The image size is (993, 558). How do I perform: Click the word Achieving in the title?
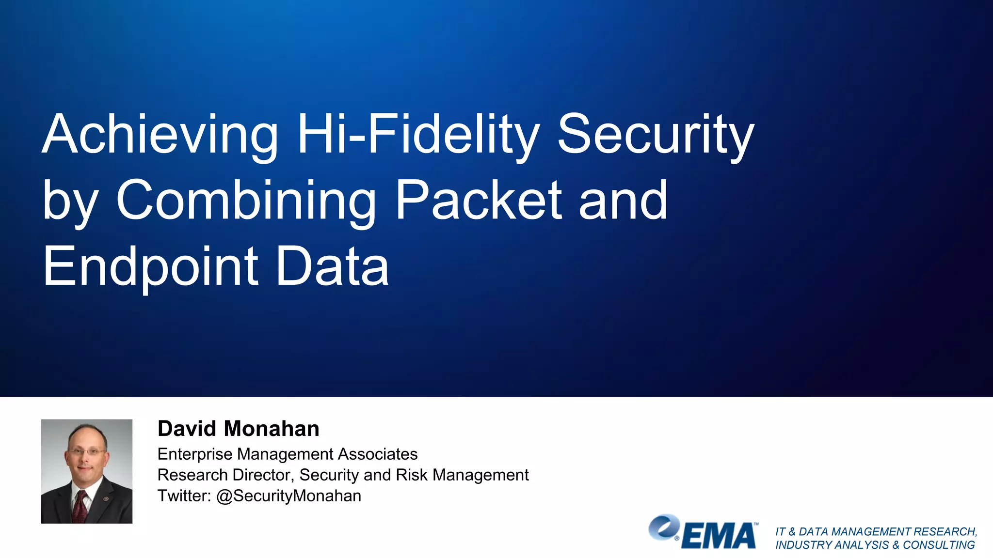coord(160,135)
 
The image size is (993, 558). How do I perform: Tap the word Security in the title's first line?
coord(656,135)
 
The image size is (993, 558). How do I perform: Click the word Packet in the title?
coord(479,201)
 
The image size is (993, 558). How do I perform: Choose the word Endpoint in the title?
coord(150,266)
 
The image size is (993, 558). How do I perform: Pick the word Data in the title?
coord(332,266)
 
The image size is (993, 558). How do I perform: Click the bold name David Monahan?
coord(239,429)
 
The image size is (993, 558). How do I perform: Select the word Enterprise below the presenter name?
coord(195,454)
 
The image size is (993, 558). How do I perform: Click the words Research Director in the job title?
coord(225,475)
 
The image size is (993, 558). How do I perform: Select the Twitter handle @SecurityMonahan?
coord(288,496)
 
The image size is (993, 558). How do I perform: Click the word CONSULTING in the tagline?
coord(939,545)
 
